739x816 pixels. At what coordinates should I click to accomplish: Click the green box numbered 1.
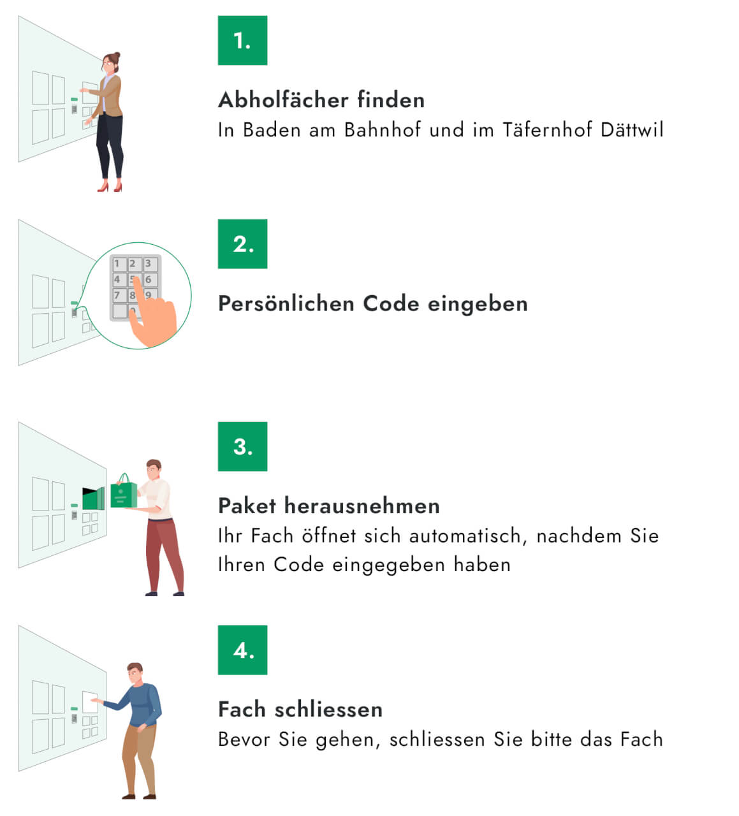point(242,41)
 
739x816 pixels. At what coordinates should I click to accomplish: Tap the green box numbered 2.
point(242,244)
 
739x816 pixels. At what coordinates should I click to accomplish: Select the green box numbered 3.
point(242,446)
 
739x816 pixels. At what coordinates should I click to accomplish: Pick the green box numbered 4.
point(242,650)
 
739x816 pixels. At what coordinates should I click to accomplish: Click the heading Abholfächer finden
point(321,100)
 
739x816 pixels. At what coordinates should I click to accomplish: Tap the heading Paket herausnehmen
point(329,506)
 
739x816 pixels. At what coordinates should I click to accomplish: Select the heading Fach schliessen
point(300,710)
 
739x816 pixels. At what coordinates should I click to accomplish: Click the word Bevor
point(245,739)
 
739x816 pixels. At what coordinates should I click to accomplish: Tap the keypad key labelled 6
point(149,279)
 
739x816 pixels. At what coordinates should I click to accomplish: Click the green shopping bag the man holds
point(123,494)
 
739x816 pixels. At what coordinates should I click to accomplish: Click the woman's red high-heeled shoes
point(110,187)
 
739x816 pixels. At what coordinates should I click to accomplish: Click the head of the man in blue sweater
point(135,673)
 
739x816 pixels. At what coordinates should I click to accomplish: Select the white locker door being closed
point(90,703)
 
